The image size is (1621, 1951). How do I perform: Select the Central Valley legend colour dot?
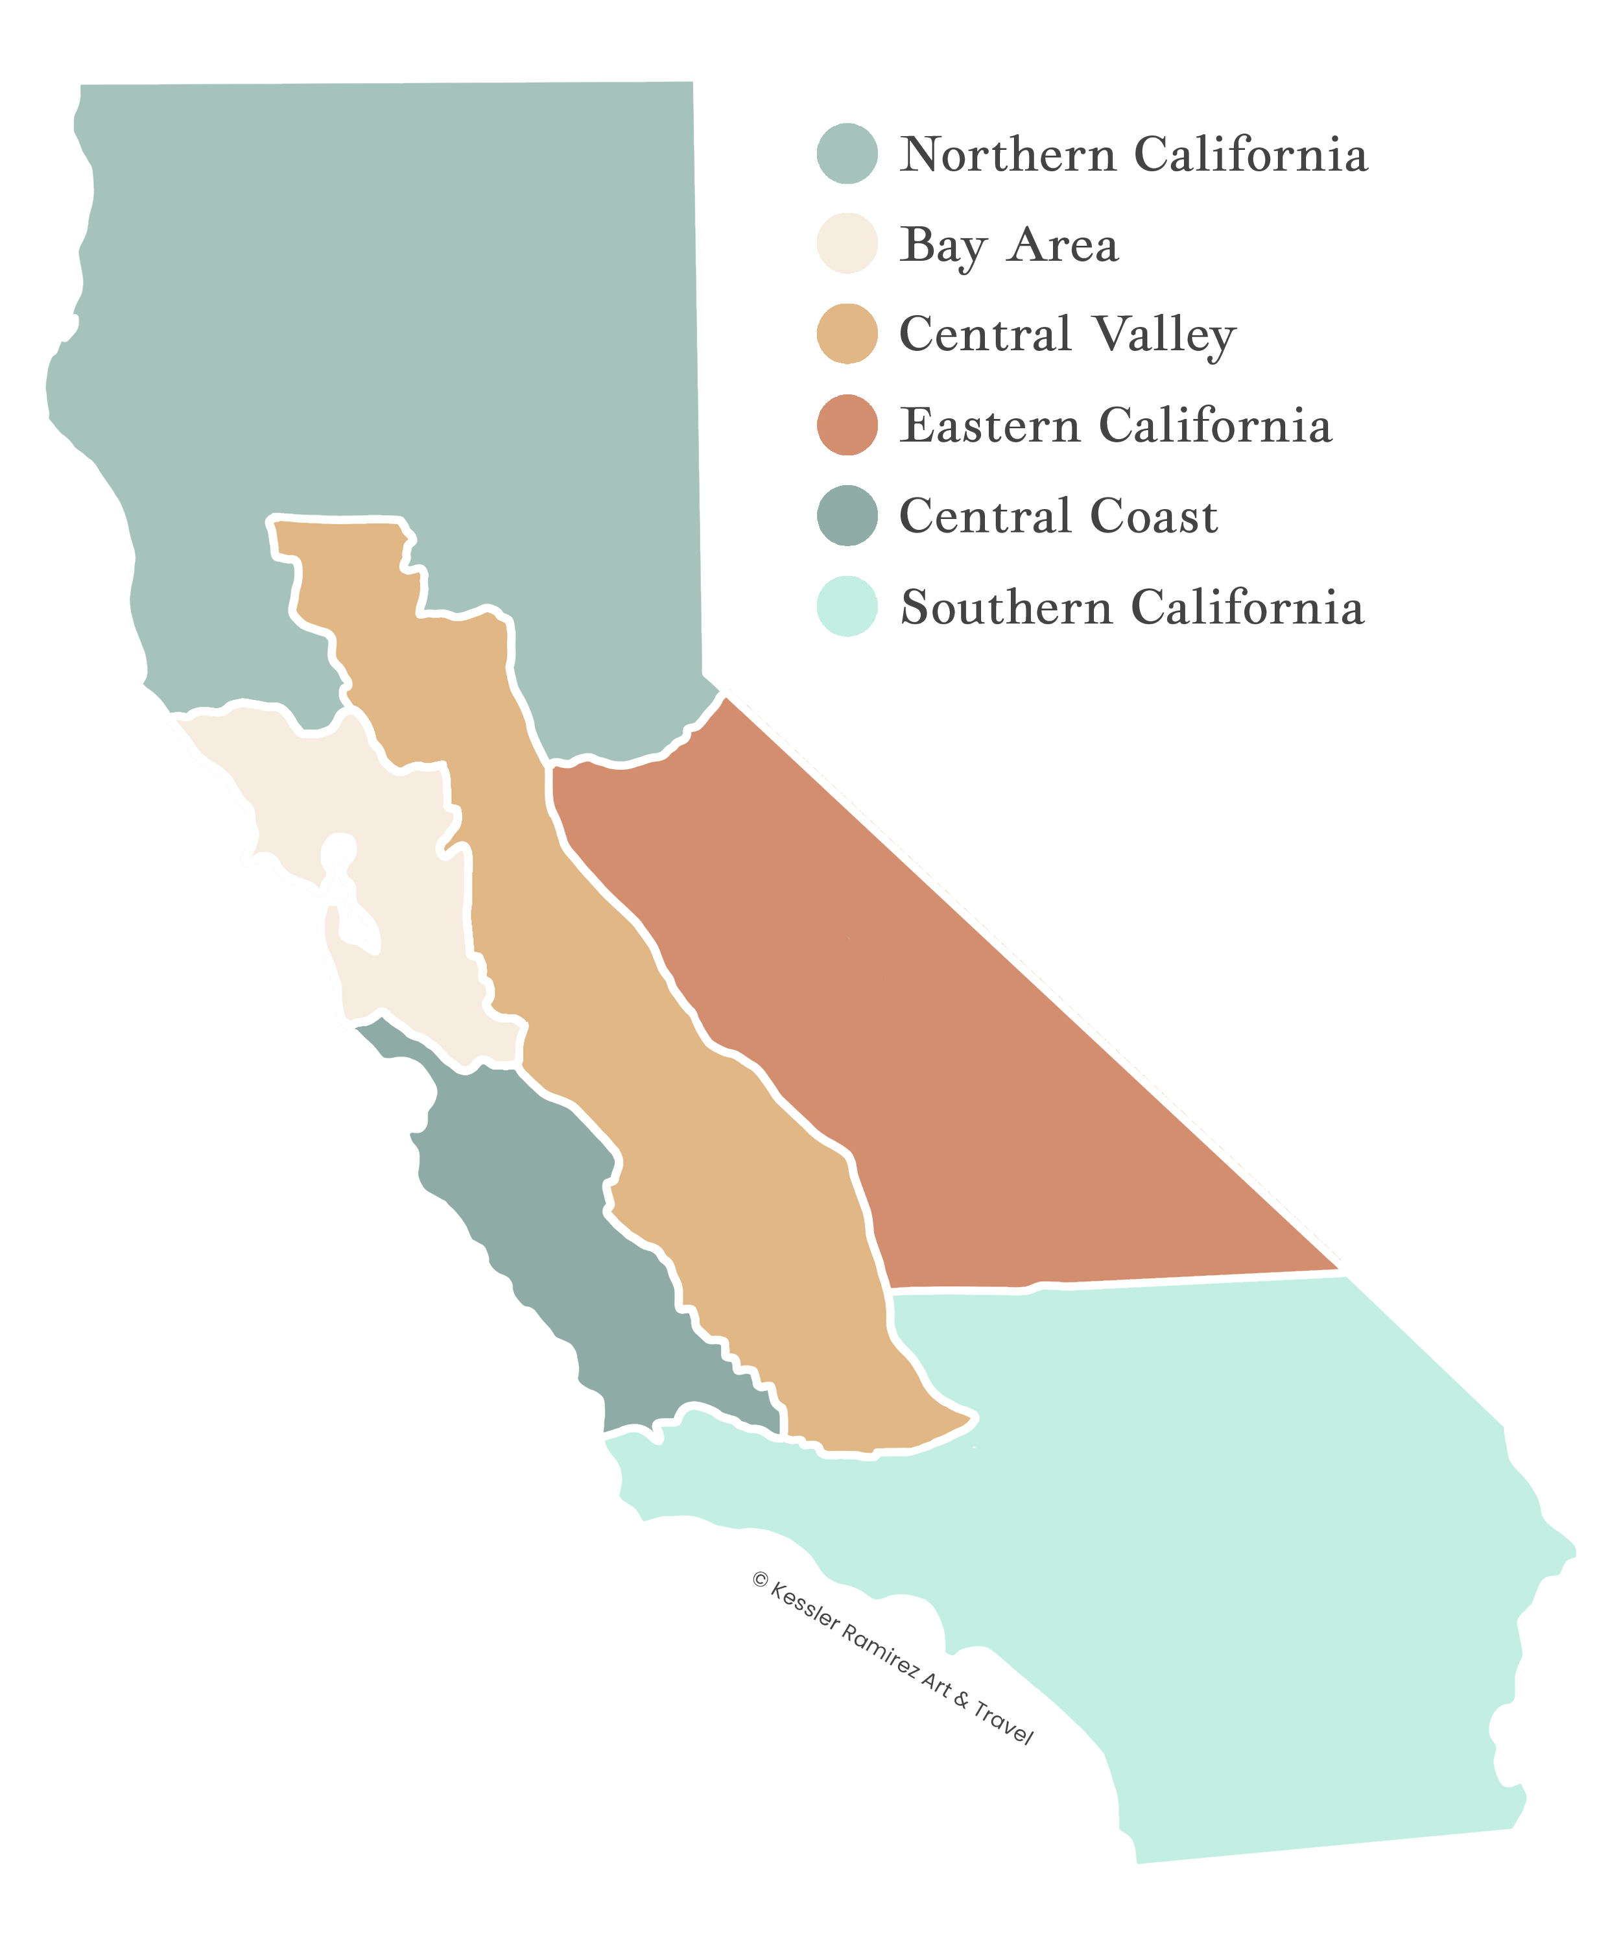(x=847, y=335)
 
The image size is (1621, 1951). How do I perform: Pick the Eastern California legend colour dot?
(x=847, y=425)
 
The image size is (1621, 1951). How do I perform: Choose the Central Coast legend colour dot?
(x=847, y=516)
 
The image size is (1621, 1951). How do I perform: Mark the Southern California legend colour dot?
(x=847, y=606)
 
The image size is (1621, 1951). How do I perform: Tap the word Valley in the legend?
(x=1163, y=335)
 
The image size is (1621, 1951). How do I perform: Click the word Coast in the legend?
(x=1153, y=516)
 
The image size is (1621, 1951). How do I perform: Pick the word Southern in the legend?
(x=1006, y=608)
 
